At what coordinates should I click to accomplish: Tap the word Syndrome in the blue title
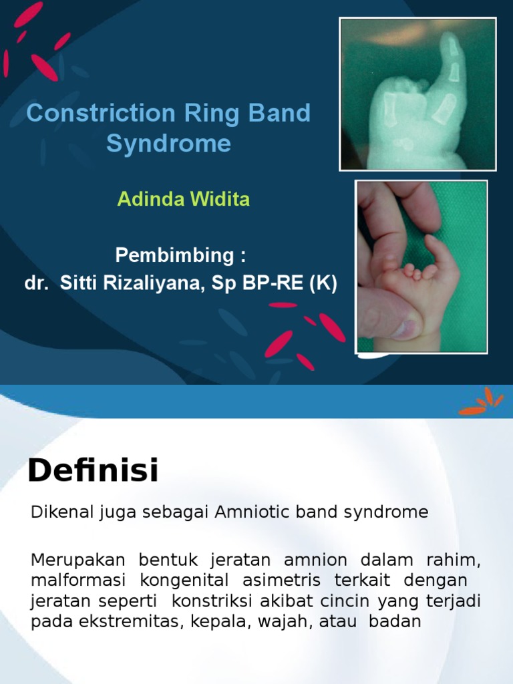coord(168,144)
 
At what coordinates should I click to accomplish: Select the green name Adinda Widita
coord(184,199)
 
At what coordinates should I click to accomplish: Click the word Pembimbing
coord(176,255)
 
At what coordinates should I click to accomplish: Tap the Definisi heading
coord(94,471)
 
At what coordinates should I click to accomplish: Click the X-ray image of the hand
coord(417,94)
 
